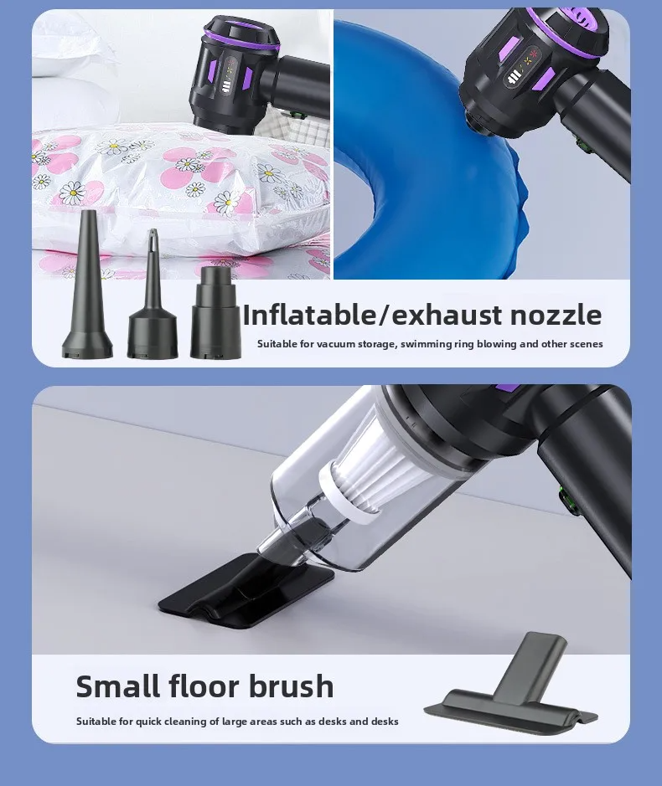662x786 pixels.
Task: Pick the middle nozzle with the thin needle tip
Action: [x=151, y=297]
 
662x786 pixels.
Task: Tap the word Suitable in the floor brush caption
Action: [x=94, y=722]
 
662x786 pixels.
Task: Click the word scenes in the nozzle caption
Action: [x=585, y=344]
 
